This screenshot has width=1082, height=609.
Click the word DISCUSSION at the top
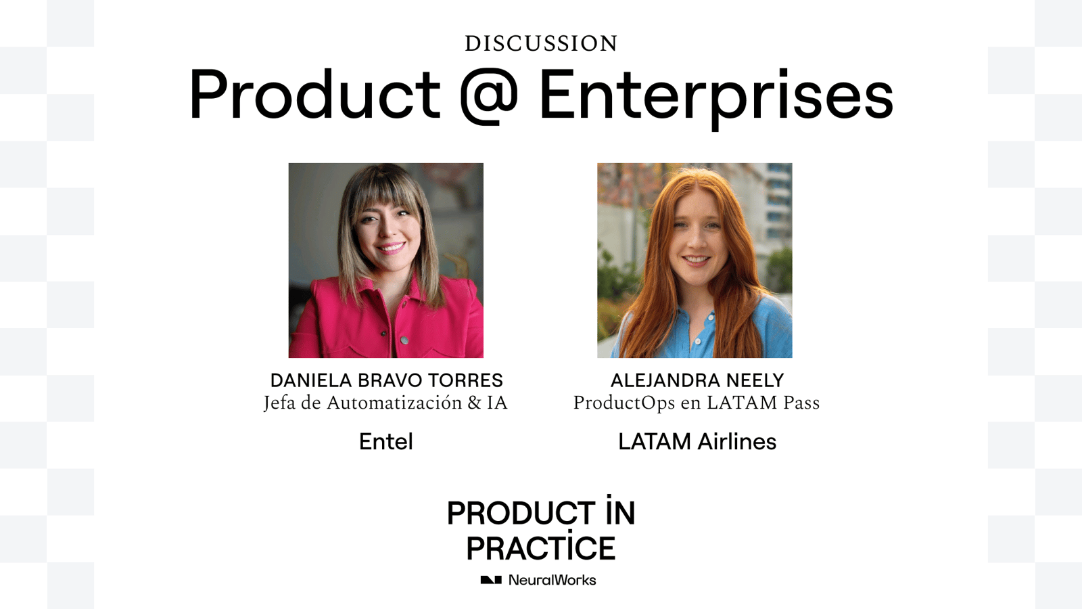(x=541, y=43)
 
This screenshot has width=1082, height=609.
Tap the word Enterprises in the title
(x=716, y=97)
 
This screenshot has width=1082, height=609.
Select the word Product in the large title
(x=315, y=94)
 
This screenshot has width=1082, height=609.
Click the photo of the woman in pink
(x=386, y=261)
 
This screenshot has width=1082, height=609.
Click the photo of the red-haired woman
(x=695, y=261)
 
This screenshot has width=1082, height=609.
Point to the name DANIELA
(x=311, y=380)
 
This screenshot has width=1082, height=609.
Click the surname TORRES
(x=465, y=380)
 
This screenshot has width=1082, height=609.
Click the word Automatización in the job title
(x=394, y=403)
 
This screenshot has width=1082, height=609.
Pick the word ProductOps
(x=624, y=403)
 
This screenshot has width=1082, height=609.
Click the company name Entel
(x=386, y=441)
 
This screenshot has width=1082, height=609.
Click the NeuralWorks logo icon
(x=491, y=580)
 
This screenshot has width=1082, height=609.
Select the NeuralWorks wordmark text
(x=552, y=580)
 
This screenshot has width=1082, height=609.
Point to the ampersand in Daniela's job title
(x=474, y=403)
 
